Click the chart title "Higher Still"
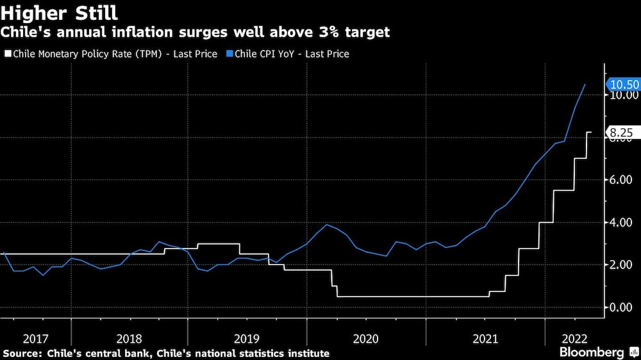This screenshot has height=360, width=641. (59, 12)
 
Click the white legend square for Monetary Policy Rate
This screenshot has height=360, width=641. (7, 54)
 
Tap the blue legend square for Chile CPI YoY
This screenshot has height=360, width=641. (229, 54)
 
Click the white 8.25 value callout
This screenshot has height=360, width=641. (621, 133)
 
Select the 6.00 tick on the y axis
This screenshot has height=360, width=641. (623, 180)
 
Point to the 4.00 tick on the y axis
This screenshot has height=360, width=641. (623, 222)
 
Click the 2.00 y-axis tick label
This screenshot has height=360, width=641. (623, 265)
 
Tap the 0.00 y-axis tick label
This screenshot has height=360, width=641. (623, 307)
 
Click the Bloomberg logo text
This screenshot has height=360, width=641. (592, 352)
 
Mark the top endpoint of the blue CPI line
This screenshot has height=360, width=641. (585, 85)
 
